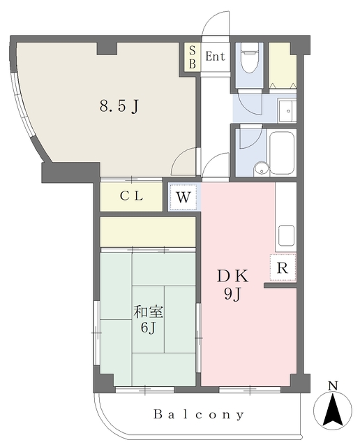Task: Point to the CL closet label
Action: click(x=130, y=196)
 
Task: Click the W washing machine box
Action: click(x=183, y=197)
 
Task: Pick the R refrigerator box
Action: click(x=282, y=268)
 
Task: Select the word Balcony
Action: click(x=199, y=415)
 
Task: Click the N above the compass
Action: click(x=333, y=386)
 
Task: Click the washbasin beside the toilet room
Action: click(x=286, y=109)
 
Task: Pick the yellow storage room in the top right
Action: click(x=283, y=64)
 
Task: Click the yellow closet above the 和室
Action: click(x=147, y=231)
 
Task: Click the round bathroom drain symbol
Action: click(x=260, y=168)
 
